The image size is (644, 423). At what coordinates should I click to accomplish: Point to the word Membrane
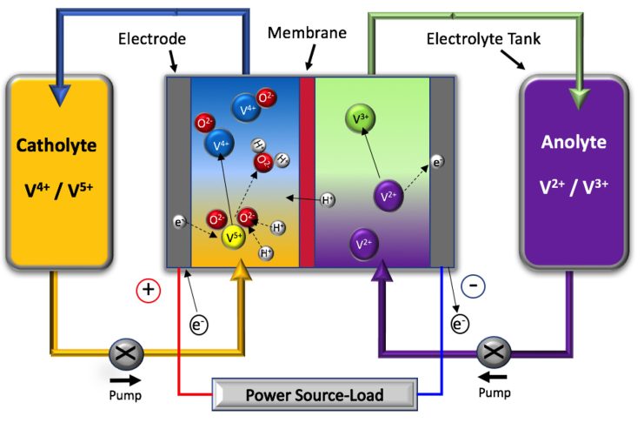coord(307,32)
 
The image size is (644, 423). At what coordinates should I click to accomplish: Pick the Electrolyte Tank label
coord(479,38)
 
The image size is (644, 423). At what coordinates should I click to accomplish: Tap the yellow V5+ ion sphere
coord(234,237)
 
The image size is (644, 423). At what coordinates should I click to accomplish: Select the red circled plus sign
coord(149,290)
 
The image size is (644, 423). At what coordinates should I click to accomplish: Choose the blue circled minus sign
coord(473,285)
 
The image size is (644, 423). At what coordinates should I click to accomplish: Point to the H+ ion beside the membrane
coord(328,200)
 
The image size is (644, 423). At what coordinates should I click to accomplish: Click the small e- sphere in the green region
coord(437,161)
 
